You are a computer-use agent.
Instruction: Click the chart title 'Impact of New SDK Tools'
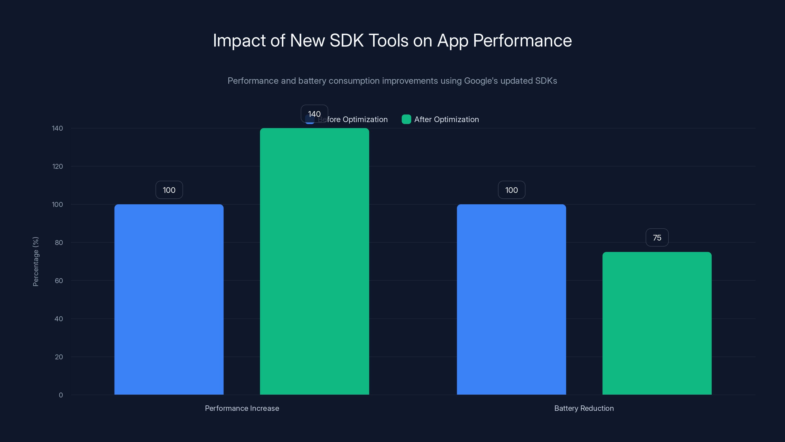coord(392,41)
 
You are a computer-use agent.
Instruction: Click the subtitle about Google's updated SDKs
coord(392,81)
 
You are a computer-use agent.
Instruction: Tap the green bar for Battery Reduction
coord(657,323)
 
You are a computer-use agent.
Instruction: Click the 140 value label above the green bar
coord(314,114)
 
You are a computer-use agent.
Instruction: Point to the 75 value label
coord(657,238)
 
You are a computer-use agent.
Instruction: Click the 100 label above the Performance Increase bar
coord(169,190)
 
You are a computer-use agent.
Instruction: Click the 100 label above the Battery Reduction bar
coord(511,190)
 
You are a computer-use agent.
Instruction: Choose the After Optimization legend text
coord(446,120)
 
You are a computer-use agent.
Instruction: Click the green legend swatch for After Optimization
coord(406,119)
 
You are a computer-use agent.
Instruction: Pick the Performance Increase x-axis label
coord(242,408)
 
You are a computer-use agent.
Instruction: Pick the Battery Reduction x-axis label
coord(584,408)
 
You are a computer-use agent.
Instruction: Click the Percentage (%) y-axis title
coord(36,262)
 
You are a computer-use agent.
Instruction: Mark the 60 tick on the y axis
coord(59,281)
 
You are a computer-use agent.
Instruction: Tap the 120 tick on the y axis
coord(57,166)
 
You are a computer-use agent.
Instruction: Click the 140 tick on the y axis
coord(57,128)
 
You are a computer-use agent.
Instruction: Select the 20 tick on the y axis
coord(59,357)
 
